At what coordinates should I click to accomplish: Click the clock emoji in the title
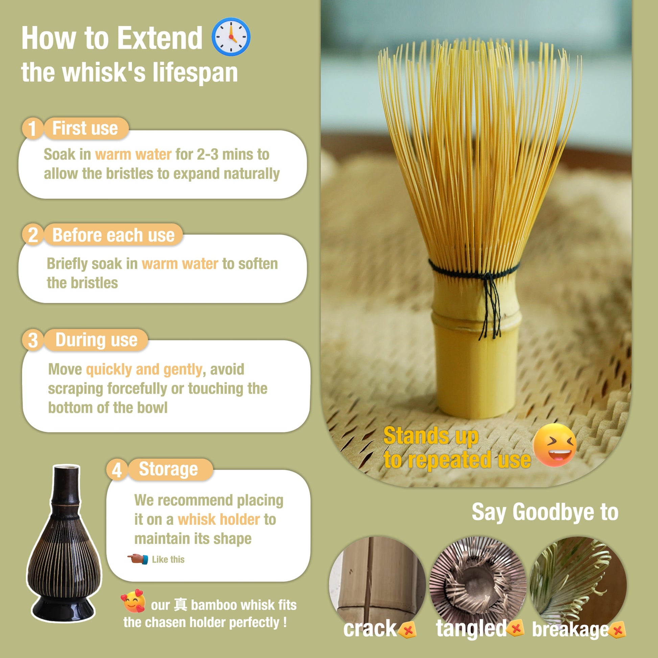231,37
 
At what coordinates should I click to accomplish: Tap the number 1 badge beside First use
32,128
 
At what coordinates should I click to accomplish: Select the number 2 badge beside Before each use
33,235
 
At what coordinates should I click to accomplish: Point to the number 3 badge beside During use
33,340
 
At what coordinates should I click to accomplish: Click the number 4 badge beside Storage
117,470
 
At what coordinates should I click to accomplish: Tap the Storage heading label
168,469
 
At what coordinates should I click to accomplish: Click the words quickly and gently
144,370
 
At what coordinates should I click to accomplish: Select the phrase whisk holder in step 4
219,520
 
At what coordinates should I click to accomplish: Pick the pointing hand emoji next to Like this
138,559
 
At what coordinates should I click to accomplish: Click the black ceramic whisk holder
64,545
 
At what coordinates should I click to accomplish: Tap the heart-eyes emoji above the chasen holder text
133,601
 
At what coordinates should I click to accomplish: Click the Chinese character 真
180,605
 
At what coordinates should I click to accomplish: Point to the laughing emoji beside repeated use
555,445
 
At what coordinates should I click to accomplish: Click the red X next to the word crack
407,630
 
